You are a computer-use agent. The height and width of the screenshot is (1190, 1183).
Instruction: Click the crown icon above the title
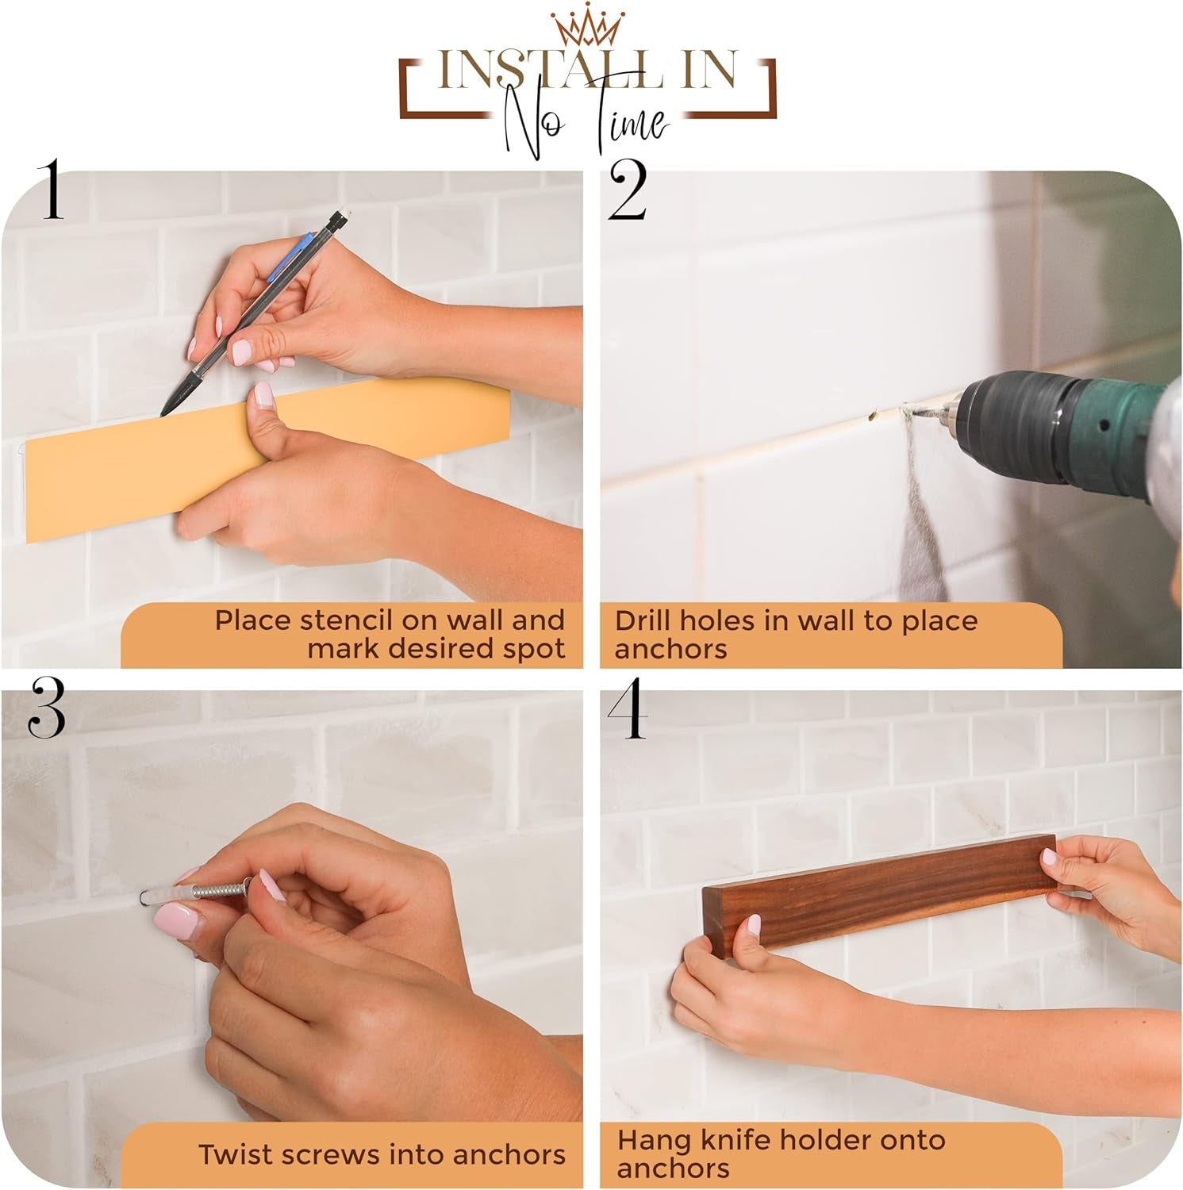[x=588, y=26]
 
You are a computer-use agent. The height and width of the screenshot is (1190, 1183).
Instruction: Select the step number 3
[x=46, y=709]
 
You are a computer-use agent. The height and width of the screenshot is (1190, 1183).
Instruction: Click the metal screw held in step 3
[x=214, y=892]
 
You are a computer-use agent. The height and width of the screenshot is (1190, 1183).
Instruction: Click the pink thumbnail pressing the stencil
[x=263, y=394]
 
